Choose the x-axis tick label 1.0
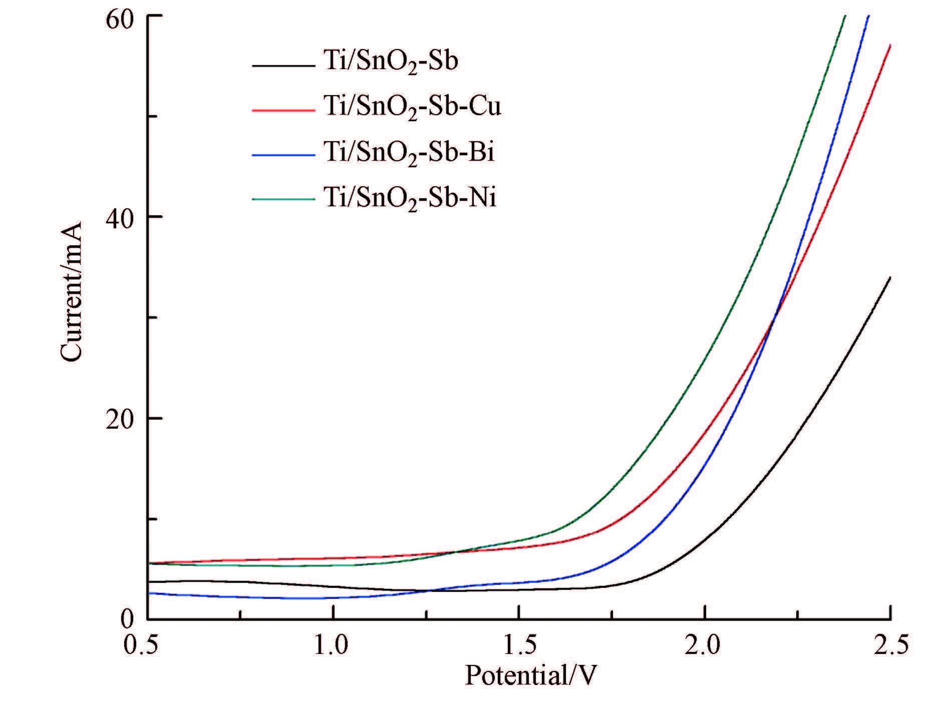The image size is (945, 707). tap(333, 645)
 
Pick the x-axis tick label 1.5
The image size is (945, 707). tap(518, 645)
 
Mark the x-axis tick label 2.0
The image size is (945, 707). tap(704, 645)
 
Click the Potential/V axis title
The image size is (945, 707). tap(531, 676)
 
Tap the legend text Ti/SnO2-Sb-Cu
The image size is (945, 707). tap(412, 107)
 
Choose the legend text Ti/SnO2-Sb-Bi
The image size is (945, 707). tap(409, 152)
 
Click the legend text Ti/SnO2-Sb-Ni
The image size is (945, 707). tap(410, 198)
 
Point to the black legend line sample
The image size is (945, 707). tap(284, 65)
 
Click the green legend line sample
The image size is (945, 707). tap(284, 199)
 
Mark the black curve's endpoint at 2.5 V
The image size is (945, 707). tap(890, 277)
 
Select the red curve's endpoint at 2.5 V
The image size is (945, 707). tap(890, 45)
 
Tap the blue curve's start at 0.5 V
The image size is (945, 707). tap(149, 593)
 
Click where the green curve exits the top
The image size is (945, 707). tap(845, 16)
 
